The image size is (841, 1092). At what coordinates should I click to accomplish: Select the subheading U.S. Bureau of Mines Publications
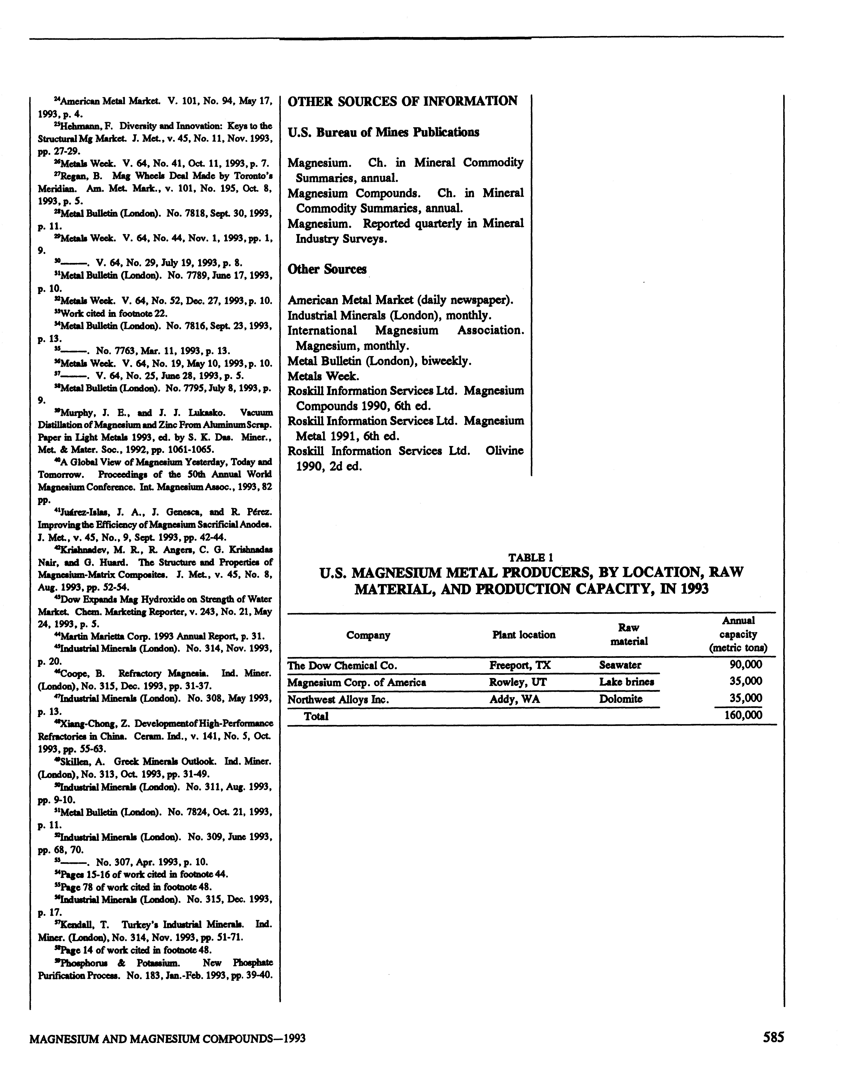[x=384, y=133]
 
